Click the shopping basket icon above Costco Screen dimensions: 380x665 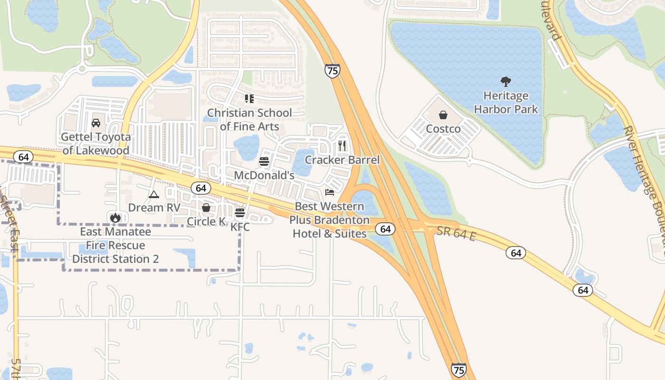pyautogui.click(x=443, y=115)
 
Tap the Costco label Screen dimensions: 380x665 pyautogui.click(x=443, y=129)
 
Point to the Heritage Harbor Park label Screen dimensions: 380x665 pyautogui.click(x=506, y=103)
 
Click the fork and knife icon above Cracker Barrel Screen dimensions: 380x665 pyautogui.click(x=342, y=146)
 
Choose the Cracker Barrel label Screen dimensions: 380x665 pyautogui.click(x=342, y=160)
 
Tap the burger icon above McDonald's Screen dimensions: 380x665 pyautogui.click(x=264, y=161)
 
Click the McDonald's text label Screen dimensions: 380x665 pyautogui.click(x=264, y=175)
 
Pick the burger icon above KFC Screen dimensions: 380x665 pyautogui.click(x=240, y=212)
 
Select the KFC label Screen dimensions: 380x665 pyautogui.click(x=240, y=227)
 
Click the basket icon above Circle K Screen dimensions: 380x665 pyautogui.click(x=206, y=208)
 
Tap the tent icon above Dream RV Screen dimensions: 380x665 pyautogui.click(x=153, y=194)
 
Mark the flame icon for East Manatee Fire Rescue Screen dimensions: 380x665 pyautogui.click(x=115, y=218)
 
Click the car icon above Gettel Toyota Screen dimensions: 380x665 pyautogui.click(x=96, y=123)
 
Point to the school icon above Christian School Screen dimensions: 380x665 pyautogui.click(x=249, y=99)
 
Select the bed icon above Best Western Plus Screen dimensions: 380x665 pyautogui.click(x=330, y=192)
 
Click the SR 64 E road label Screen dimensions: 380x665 pyautogui.click(x=456, y=233)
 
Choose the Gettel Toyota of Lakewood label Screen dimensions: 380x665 pyautogui.click(x=96, y=144)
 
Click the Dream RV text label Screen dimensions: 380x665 pyautogui.click(x=154, y=208)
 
